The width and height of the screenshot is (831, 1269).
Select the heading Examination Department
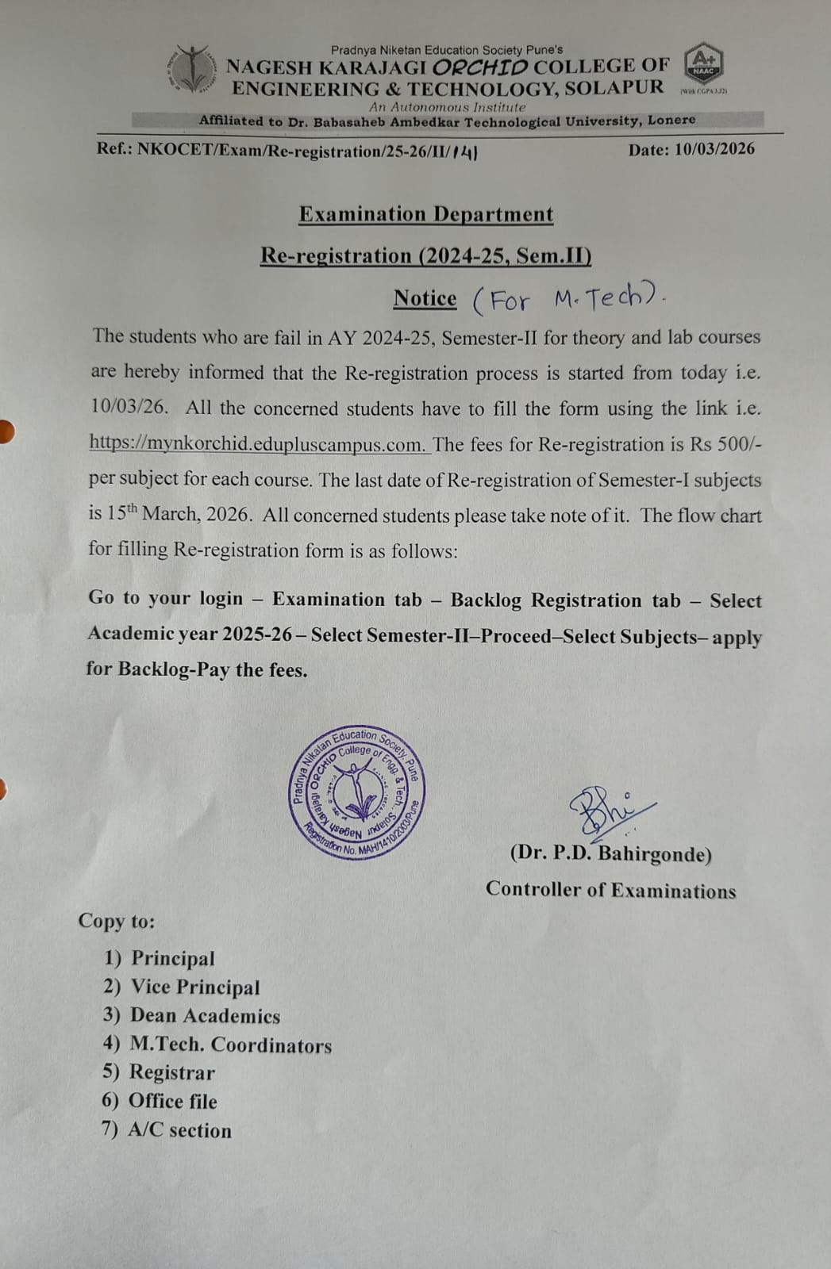[x=426, y=214]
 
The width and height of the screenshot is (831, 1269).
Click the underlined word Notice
[x=425, y=298]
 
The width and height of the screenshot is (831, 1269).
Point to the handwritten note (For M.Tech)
[x=568, y=300]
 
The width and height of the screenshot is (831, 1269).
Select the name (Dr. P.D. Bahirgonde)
[x=610, y=853]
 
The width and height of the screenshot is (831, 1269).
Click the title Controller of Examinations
[x=610, y=890]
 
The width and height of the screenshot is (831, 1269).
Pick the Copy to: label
[x=117, y=921]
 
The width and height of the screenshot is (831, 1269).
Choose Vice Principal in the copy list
[x=195, y=987]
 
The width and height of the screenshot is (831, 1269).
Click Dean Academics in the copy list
[x=205, y=1016]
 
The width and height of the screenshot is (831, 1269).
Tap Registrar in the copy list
[x=172, y=1072]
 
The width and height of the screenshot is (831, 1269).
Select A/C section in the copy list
[x=180, y=1130]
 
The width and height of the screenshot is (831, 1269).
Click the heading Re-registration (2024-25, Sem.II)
[x=426, y=255]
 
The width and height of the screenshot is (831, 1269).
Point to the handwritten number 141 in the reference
[x=464, y=151]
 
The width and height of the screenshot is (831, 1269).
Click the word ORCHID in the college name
[x=480, y=67]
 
